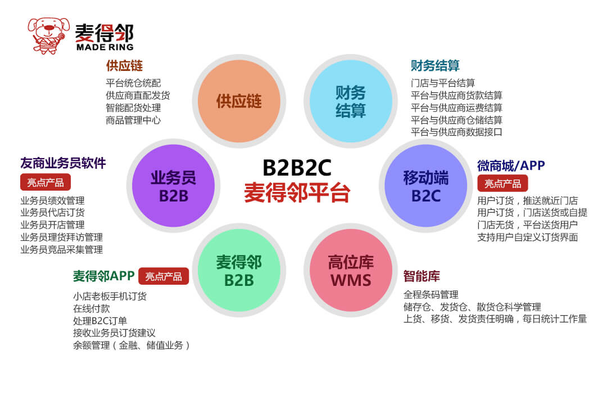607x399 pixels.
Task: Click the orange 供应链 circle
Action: tap(239, 101)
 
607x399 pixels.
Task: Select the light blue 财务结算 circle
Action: tap(351, 101)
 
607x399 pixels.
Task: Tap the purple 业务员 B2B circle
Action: tap(174, 185)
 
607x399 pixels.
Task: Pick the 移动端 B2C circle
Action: tap(425, 185)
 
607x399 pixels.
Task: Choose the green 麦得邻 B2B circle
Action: tap(239, 270)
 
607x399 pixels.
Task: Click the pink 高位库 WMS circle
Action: tap(351, 270)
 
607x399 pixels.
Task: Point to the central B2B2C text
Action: tap(297, 168)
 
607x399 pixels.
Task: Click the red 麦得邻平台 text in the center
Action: tap(297, 192)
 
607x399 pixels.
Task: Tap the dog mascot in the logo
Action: tap(48, 35)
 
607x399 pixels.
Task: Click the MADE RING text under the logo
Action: tap(105, 47)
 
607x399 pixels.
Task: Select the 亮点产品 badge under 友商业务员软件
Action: tap(46, 182)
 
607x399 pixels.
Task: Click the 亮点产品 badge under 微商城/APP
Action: tap(502, 183)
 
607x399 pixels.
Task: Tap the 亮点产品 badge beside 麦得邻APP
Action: tap(164, 276)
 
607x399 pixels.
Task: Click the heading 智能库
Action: tap(421, 276)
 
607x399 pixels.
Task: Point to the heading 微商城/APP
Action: tap(511, 165)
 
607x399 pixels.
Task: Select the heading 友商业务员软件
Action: tap(63, 163)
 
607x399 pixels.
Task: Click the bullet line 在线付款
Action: tap(92, 308)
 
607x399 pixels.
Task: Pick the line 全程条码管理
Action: tap(431, 295)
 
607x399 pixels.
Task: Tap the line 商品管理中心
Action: tap(133, 120)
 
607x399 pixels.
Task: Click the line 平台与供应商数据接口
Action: tap(456, 132)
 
